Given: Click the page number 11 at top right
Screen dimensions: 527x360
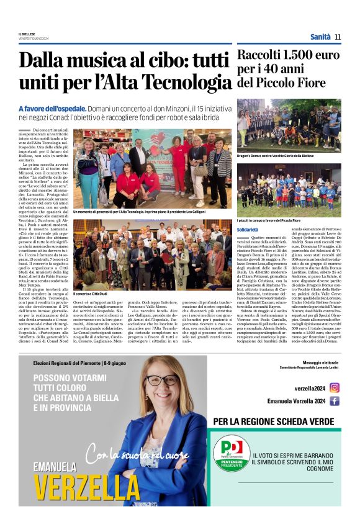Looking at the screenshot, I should coord(338,37).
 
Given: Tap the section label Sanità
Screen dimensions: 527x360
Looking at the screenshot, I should coord(320,37).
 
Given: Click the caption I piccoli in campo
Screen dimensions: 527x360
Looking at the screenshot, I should coord(268,220).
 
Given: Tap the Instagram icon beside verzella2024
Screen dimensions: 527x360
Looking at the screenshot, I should coord(335,388).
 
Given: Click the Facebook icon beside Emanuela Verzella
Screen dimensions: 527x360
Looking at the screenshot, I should coord(335,401).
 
